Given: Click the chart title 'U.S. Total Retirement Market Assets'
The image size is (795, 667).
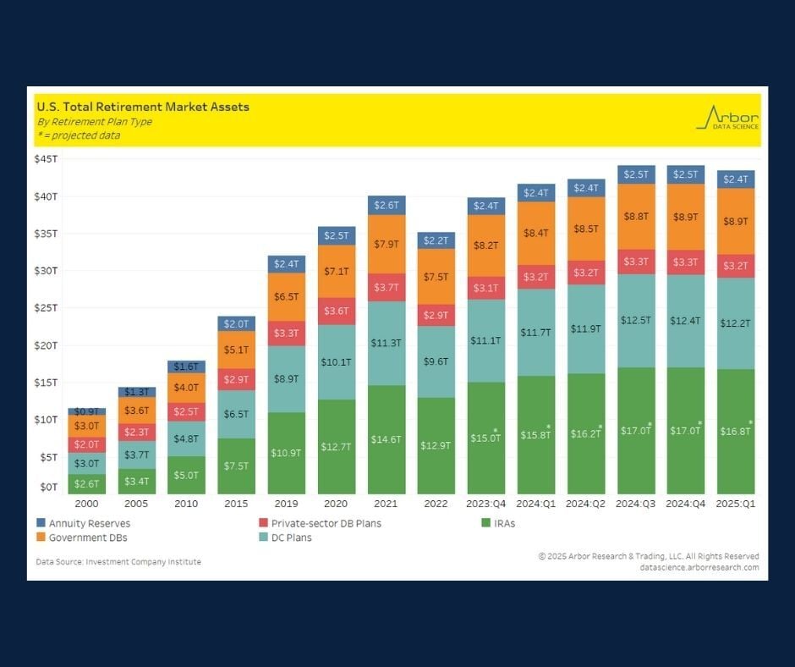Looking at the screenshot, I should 142,107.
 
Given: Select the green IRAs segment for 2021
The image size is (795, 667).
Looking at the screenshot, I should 387,440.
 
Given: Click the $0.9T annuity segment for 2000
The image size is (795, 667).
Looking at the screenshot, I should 87,411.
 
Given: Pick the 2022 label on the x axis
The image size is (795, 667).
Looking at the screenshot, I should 436,504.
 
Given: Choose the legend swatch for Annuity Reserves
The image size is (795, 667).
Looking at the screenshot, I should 41,523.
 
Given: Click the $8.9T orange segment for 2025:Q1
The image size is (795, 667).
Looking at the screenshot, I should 736,221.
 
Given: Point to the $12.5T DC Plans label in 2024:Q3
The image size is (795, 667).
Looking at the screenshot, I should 636,321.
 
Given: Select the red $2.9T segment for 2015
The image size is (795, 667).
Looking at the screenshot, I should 237,379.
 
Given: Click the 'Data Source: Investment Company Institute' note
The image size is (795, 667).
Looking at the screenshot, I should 118,561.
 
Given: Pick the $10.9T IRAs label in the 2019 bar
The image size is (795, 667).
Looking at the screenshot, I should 287,453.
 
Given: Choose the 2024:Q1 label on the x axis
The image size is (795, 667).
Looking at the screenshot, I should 536,504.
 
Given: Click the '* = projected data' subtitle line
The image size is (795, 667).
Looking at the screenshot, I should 78,135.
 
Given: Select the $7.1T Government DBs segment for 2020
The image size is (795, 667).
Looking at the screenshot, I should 337,271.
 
